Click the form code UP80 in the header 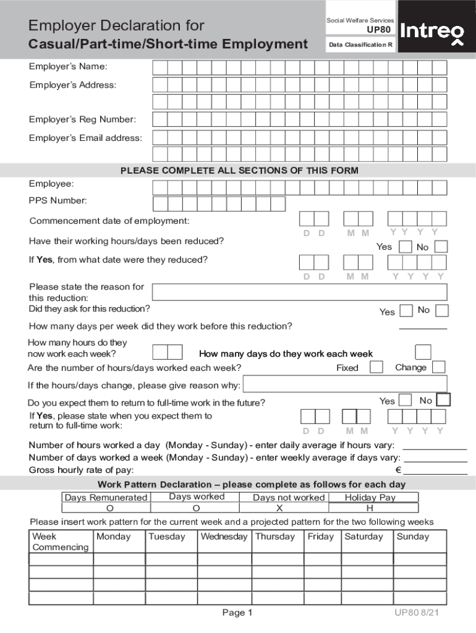379,30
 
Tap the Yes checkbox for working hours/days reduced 406,247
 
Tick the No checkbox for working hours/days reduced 441,247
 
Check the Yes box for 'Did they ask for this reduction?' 406,311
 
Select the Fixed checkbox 376,367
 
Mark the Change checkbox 438,367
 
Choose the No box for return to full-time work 443,400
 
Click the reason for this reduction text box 299,292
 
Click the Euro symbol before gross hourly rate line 399,470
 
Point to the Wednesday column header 224,537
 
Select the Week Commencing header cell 61,542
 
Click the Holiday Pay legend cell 370,497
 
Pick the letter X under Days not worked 279,508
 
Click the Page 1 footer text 237,613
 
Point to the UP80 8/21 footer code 417,613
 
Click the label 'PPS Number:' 57,200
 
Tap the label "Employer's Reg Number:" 82,119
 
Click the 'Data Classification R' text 361,45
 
